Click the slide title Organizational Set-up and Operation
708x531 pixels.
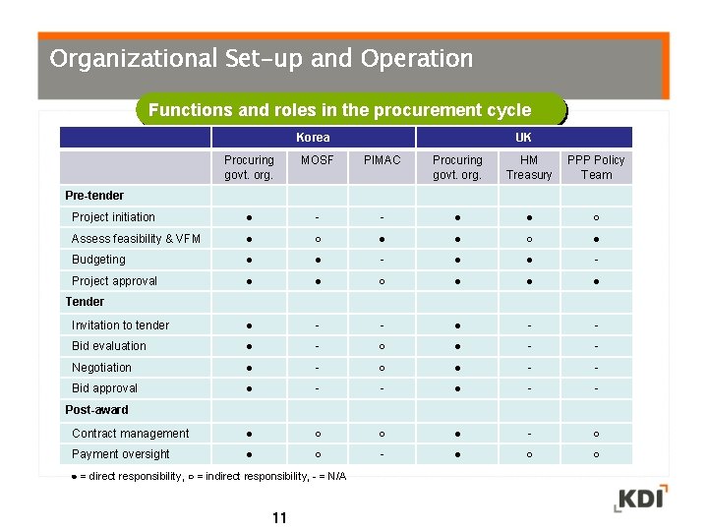261,59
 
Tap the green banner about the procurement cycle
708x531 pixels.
339,110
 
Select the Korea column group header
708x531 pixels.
313,138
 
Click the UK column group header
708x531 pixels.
523,138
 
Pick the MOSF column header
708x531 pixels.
317,160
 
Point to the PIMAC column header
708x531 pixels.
382,160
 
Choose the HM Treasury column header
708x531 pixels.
529,167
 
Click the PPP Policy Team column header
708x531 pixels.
596,167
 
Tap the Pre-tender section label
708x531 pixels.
94,196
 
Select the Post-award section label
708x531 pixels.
96,410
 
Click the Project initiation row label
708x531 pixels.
113,217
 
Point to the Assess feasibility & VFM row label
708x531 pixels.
136,239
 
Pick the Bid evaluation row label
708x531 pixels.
108,346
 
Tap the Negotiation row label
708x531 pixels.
101,368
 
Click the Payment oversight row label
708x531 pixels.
120,454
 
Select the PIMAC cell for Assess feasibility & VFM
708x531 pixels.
382,239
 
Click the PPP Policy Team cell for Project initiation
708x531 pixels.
596,217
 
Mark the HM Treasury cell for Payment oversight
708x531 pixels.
529,454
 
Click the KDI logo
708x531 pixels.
640,498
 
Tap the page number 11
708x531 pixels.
279,518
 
